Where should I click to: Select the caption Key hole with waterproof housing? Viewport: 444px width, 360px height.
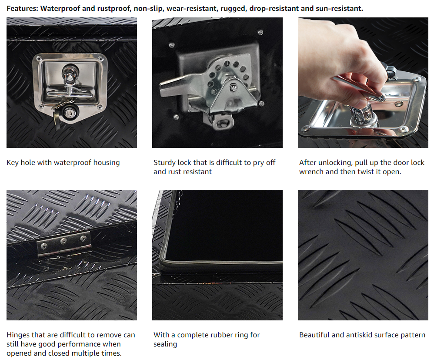tap(63, 162)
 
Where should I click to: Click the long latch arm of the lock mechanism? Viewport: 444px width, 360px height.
tap(181, 84)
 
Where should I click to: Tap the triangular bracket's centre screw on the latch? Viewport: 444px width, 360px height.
tap(234, 88)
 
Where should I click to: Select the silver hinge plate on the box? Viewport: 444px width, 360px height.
tap(64, 243)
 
